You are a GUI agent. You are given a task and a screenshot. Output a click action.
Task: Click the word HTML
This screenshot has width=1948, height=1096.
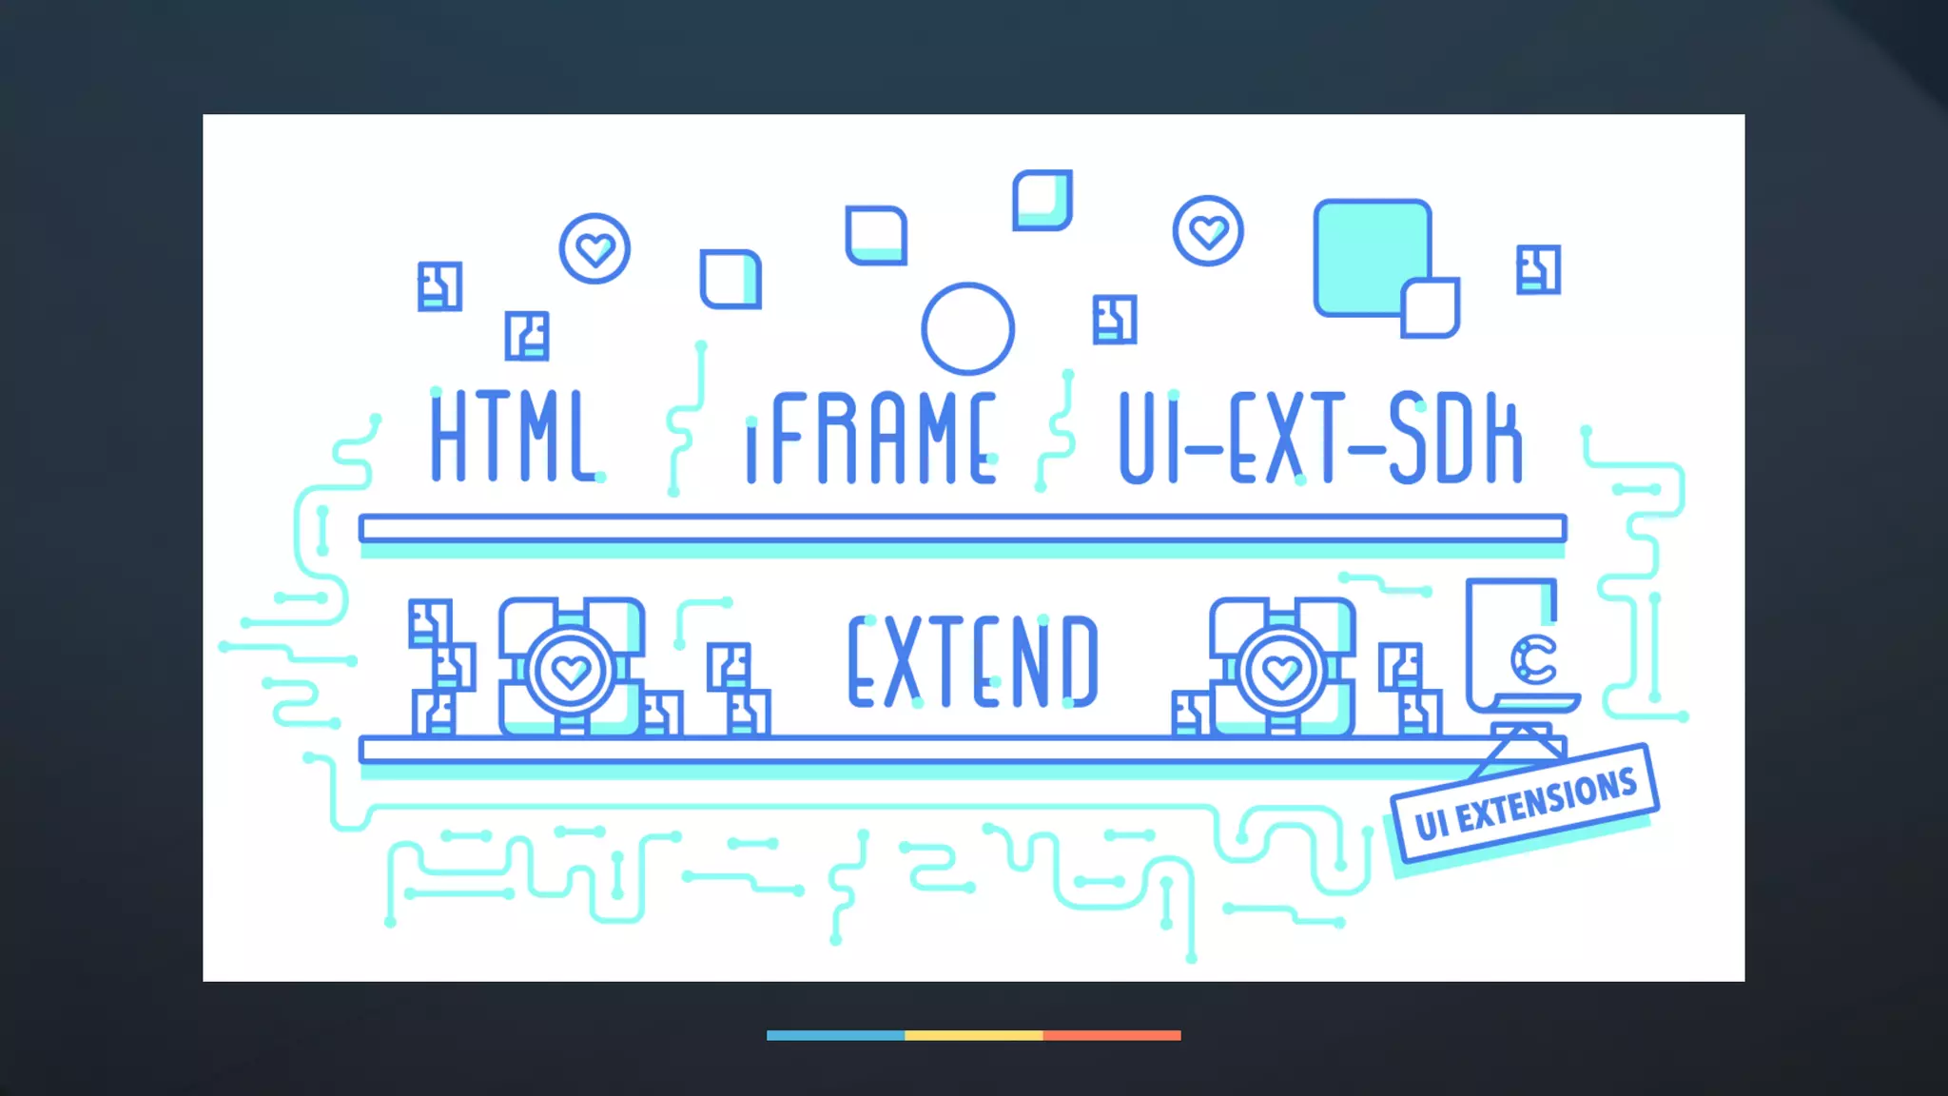514,438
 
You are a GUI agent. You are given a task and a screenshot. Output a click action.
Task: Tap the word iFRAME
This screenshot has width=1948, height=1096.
870,439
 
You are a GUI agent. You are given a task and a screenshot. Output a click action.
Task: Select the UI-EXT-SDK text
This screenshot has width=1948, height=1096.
1320,439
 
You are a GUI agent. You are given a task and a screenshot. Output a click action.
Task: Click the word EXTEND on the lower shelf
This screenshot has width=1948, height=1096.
972,662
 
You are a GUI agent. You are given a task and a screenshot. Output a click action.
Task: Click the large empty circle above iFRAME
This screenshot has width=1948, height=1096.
967,328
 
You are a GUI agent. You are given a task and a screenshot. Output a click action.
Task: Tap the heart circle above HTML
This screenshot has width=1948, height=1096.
594,248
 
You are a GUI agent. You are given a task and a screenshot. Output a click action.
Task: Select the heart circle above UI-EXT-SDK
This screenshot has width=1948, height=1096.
1208,231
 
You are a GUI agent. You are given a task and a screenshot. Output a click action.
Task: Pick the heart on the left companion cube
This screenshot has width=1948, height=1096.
571,671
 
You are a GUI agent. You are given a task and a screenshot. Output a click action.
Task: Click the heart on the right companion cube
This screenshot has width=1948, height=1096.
1281,671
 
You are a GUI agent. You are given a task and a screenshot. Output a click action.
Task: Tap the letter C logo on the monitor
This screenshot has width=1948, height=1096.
1532,658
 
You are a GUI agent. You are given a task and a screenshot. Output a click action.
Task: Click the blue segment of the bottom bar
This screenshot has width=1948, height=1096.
835,1035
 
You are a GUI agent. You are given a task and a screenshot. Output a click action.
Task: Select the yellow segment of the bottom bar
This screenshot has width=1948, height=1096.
973,1035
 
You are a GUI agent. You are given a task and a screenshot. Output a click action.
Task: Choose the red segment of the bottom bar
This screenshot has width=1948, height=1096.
1111,1035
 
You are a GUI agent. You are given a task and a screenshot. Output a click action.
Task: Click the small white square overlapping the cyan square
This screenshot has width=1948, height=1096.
1431,308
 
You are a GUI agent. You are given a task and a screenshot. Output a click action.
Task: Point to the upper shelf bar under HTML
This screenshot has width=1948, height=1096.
514,528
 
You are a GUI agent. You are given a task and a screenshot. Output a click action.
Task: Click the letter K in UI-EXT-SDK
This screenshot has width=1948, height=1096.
1503,439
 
